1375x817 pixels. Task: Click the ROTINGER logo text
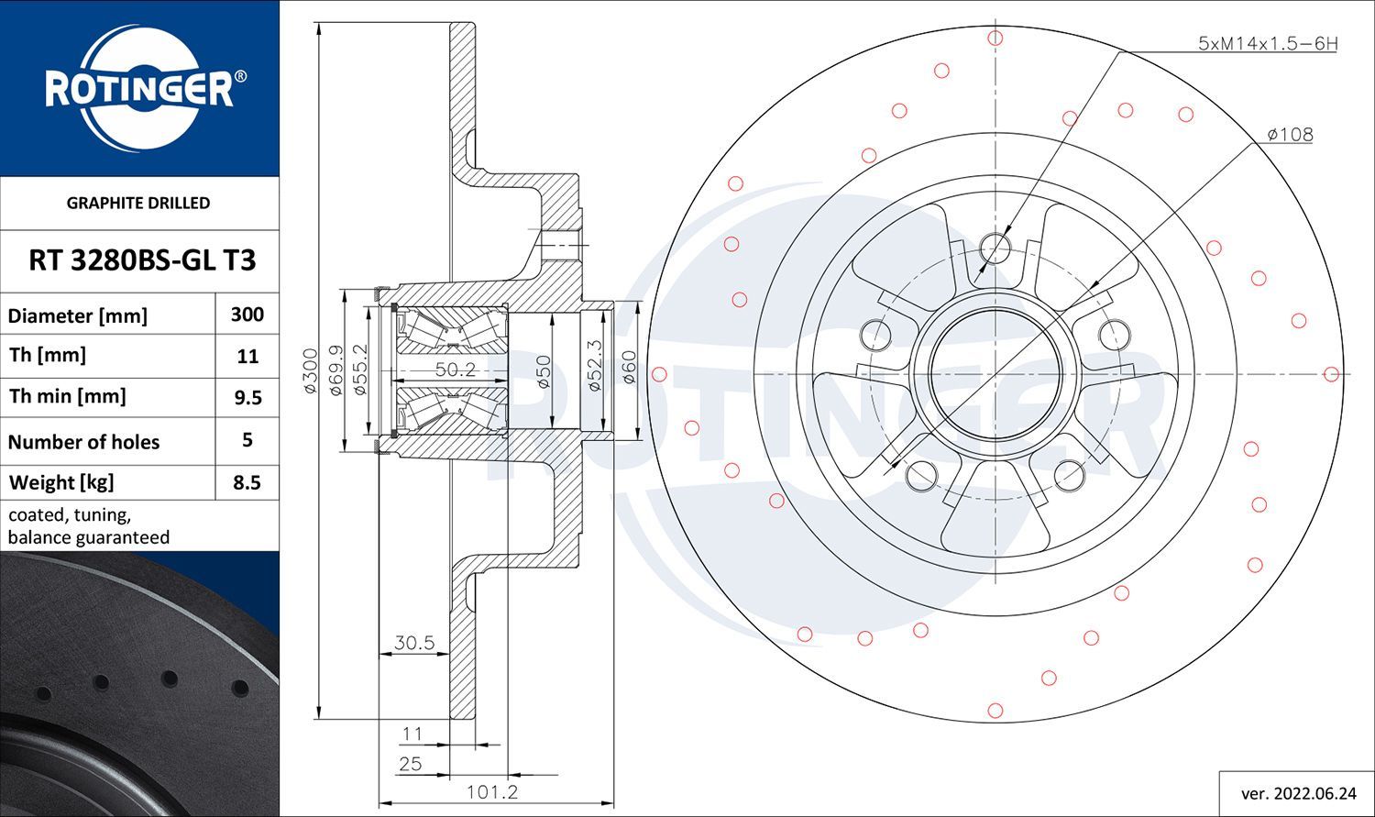[139, 90]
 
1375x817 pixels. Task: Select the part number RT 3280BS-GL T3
[142, 260]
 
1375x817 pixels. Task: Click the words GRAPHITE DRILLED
[138, 204]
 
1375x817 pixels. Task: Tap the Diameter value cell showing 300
[247, 315]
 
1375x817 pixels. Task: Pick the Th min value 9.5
[247, 398]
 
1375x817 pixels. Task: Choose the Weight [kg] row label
[61, 483]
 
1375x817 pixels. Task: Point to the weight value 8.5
[247, 482]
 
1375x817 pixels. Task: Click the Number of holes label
[83, 442]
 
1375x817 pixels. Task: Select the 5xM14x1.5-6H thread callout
[1268, 44]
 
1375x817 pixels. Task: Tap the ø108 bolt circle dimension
[1291, 135]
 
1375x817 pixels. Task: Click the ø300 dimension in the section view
[312, 370]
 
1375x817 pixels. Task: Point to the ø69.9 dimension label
[335, 370]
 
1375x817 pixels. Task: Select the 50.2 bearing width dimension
[456, 369]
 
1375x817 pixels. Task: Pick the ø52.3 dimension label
[595, 366]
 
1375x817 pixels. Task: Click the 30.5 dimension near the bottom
[414, 643]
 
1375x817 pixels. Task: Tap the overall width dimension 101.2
[492, 792]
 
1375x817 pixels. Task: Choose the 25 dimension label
[411, 764]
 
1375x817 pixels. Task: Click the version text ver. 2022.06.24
[1298, 794]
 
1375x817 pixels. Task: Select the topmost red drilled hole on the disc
[995, 39]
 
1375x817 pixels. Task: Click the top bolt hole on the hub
[995, 248]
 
